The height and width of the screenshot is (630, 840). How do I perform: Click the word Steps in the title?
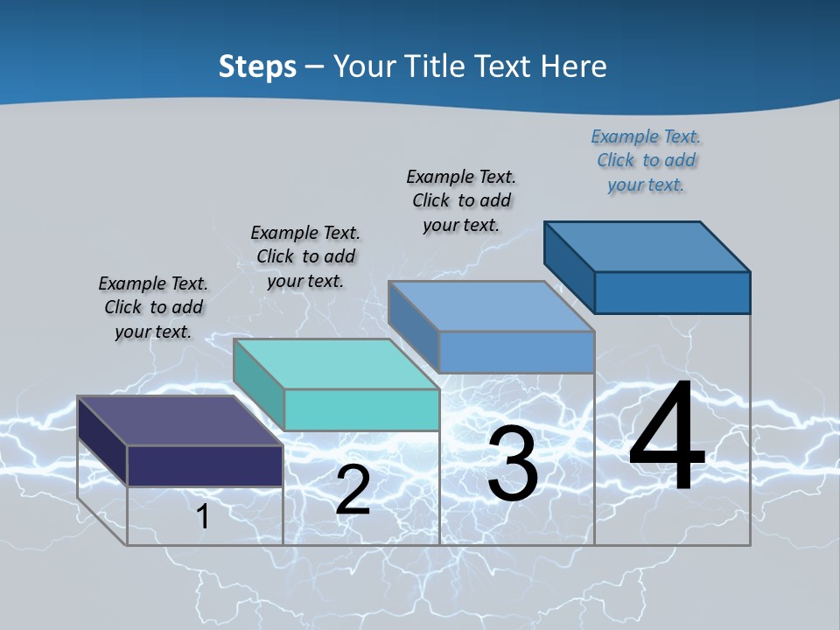pyautogui.click(x=257, y=66)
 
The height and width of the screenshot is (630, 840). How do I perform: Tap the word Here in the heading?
pyautogui.click(x=571, y=66)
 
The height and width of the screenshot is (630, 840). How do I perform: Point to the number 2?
pyautogui.click(x=353, y=490)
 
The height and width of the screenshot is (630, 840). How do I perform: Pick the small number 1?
pyautogui.click(x=203, y=517)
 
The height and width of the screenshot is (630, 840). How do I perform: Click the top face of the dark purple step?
pyautogui.click(x=179, y=421)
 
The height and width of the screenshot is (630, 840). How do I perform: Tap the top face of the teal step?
pyautogui.click(x=336, y=364)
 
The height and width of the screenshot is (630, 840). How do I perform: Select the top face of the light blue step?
pyautogui.click(x=491, y=306)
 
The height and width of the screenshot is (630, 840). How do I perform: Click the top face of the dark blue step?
pyautogui.click(x=647, y=247)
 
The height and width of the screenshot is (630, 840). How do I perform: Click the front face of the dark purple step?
pyautogui.click(x=205, y=465)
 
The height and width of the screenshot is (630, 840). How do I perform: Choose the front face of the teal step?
pyautogui.click(x=361, y=409)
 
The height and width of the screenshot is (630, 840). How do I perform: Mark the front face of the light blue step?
pyautogui.click(x=516, y=352)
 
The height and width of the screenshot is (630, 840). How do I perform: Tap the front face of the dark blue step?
pyautogui.click(x=672, y=292)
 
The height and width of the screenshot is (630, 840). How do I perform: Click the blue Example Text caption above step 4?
pyautogui.click(x=646, y=161)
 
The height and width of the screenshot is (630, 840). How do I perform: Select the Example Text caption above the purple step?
pyautogui.click(x=153, y=308)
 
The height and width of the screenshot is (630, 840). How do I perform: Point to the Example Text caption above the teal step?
pyautogui.click(x=305, y=257)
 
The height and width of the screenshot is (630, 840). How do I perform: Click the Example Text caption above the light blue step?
pyautogui.click(x=461, y=200)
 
